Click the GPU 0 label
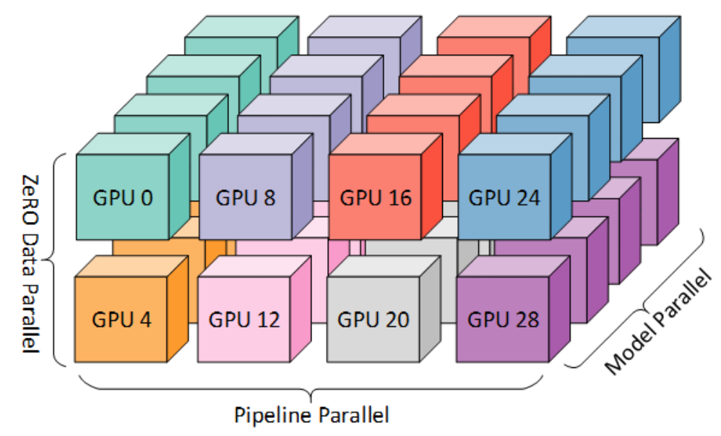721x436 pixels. (x=122, y=197)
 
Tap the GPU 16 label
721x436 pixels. (x=376, y=197)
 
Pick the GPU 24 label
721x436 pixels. (x=504, y=197)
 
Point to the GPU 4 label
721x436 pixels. (x=122, y=318)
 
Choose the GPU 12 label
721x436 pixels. (x=243, y=318)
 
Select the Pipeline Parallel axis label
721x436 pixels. (x=311, y=416)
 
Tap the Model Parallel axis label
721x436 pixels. (x=657, y=322)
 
